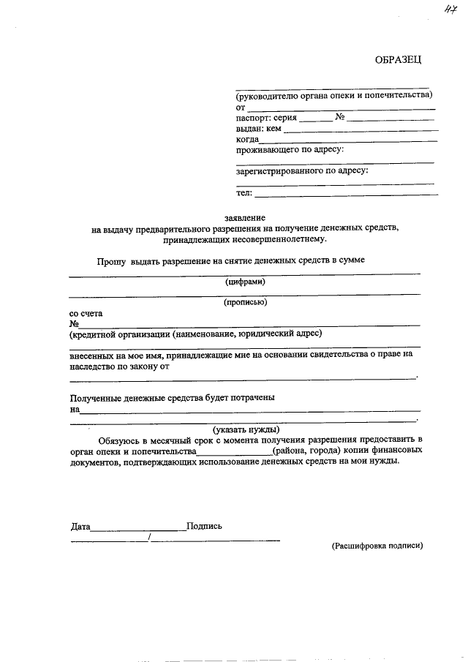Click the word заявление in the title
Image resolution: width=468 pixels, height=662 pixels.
point(245,218)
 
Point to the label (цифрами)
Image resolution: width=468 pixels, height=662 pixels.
point(245,282)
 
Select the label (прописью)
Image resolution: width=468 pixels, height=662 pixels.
point(245,301)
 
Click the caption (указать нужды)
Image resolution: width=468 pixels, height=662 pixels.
point(246,429)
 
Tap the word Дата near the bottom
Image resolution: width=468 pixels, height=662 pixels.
point(80,526)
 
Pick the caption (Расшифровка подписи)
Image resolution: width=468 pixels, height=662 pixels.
point(377,546)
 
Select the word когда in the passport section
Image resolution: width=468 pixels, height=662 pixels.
point(247,139)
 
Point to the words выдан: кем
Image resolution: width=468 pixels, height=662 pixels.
point(258,128)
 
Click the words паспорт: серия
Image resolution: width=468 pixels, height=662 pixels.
point(266,117)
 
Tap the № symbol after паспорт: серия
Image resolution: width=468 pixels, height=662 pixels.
point(340,117)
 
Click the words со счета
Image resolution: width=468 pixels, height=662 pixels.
point(86,313)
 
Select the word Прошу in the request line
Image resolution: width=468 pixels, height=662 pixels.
point(112,260)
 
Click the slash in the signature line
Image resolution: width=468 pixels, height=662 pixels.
point(149,538)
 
